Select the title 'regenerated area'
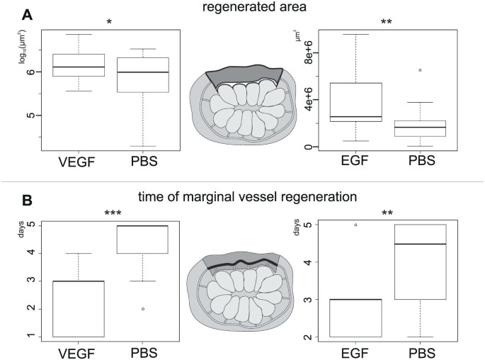[x=243, y=9]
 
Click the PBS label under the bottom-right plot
[x=420, y=351]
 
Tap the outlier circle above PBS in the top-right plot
[x=420, y=70]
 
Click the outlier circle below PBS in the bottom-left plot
[x=142, y=309]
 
